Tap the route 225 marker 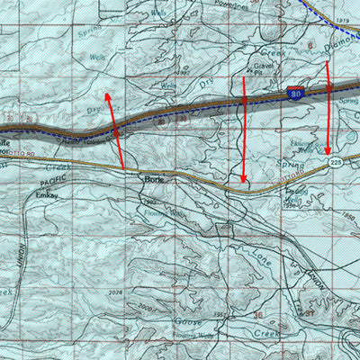click(x=336, y=163)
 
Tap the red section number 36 click(x=257, y=315)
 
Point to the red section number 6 click(x=310, y=43)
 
